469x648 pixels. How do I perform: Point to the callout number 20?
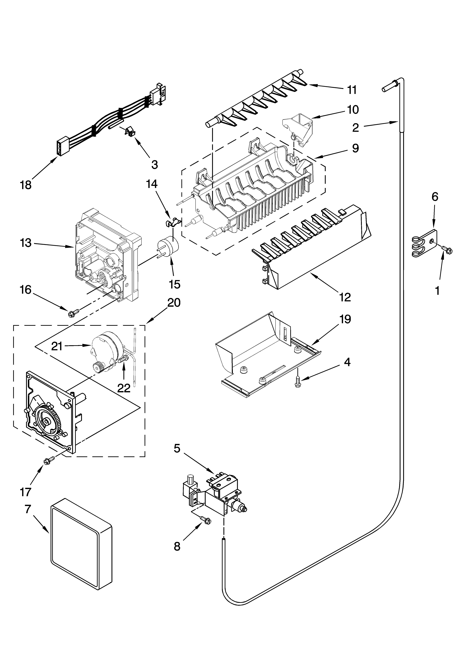(x=174, y=303)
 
